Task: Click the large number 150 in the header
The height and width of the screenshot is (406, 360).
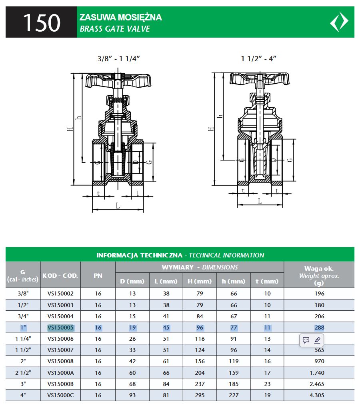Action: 41,23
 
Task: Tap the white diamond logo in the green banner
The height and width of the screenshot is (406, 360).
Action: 339,22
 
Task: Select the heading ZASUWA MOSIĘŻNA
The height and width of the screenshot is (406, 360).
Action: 120,17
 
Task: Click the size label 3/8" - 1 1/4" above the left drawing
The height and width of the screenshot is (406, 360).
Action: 119,59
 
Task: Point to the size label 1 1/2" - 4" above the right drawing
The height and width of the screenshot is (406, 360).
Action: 259,59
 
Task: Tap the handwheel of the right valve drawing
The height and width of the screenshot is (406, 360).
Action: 259,78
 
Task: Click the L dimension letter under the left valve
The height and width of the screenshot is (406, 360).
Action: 118,206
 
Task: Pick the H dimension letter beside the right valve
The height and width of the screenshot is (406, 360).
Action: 211,129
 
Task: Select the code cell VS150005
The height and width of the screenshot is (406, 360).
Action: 60,328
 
